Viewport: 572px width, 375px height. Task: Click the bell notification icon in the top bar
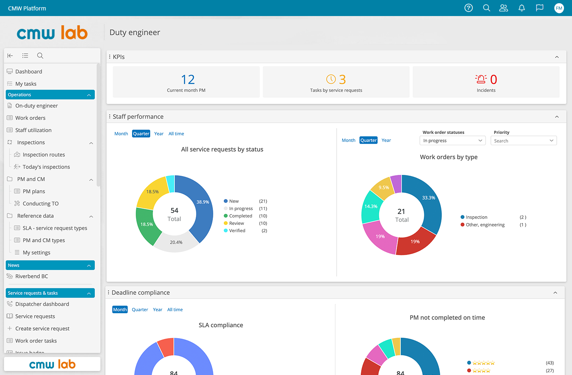pos(521,8)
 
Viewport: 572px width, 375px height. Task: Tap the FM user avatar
pos(559,8)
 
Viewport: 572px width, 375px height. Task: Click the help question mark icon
pos(468,8)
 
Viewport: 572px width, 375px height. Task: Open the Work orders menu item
pos(31,118)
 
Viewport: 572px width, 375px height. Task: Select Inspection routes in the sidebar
pos(44,154)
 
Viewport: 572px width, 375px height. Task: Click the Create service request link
pos(42,328)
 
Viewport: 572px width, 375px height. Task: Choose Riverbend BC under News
pos(31,276)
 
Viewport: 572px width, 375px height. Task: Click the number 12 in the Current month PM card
pos(188,79)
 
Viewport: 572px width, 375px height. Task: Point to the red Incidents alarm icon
pos(480,79)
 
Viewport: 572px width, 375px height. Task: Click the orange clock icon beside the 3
pos(331,79)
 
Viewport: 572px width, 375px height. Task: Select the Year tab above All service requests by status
pos(159,134)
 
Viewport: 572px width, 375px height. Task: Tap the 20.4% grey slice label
pos(176,242)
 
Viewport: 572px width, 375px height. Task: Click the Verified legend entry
pos(235,231)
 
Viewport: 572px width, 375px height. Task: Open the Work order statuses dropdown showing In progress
pos(452,140)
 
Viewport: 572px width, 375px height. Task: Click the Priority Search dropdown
pos(523,140)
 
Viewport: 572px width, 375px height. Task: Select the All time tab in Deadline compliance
pos(175,310)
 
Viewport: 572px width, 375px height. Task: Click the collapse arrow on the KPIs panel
pos(557,57)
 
